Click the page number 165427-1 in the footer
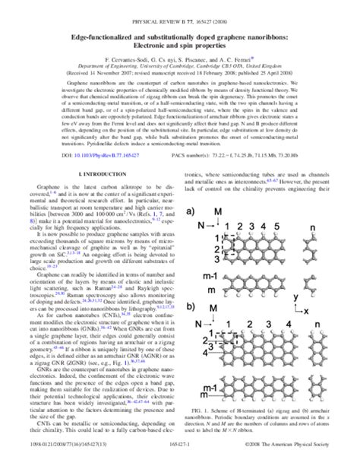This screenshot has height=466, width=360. click(x=180, y=459)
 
